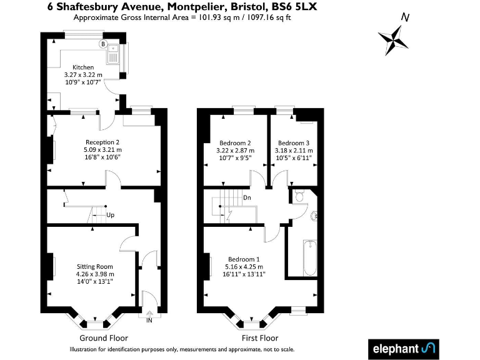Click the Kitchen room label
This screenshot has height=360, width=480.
83,67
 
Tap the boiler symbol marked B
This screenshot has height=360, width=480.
103,44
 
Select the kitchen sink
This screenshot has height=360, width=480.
113,54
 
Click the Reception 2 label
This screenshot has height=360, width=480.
102,142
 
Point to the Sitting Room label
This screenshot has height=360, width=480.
95,267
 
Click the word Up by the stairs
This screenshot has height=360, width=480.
110,215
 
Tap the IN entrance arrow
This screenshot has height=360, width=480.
149,314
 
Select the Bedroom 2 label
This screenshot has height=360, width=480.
235,143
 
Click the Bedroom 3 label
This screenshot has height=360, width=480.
294,143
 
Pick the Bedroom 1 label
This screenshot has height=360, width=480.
244,259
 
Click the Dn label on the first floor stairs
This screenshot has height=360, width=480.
247,197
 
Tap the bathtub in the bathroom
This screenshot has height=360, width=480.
310,258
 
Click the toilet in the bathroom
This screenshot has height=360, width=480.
299,196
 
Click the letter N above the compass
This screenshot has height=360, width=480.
405,17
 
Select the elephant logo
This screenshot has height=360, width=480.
404,349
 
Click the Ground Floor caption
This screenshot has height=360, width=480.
104,338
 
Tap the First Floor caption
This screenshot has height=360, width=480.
260,338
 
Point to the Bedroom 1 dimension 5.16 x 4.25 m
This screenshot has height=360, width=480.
244,267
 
